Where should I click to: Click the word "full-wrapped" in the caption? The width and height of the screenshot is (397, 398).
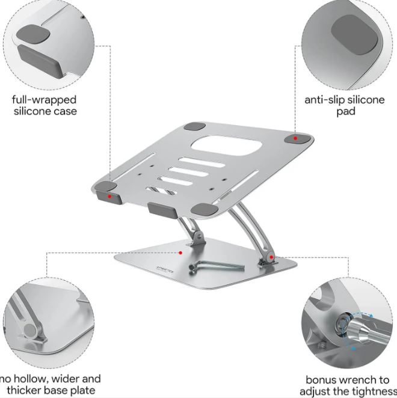(x=44, y=100)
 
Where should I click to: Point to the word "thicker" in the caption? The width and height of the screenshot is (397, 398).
(x=24, y=390)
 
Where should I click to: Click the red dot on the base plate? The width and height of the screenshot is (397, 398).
(x=180, y=253)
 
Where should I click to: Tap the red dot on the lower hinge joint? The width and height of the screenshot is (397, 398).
(x=271, y=257)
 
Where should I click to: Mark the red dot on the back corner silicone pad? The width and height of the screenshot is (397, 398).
(x=295, y=138)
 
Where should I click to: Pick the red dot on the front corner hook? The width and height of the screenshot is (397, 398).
(x=109, y=196)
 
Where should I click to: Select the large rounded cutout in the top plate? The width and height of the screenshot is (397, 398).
(x=227, y=145)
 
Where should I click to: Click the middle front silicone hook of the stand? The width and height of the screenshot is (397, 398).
(x=163, y=210)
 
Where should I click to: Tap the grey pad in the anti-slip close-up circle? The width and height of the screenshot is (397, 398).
(x=354, y=34)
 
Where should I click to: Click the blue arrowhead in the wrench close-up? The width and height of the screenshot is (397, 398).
(x=371, y=316)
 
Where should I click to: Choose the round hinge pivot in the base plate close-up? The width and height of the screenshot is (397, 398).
(x=31, y=330)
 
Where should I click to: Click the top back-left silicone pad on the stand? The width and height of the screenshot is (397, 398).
(x=195, y=126)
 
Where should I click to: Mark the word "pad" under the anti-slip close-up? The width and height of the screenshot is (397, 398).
(x=346, y=112)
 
